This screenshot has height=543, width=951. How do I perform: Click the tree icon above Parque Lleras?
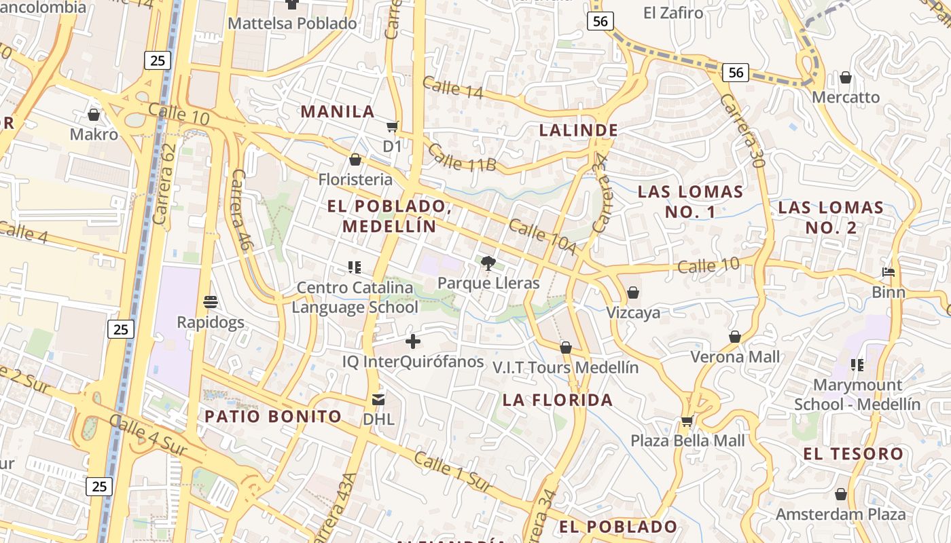488,263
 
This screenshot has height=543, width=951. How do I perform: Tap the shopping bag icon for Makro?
94,115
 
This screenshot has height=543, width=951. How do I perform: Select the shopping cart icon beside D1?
392,126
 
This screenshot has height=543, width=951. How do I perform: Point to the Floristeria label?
355,179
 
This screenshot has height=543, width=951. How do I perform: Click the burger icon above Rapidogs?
210,301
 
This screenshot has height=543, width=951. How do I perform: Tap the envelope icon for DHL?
378,400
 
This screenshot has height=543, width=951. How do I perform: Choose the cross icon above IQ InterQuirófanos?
412,341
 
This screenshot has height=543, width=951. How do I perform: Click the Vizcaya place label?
633,313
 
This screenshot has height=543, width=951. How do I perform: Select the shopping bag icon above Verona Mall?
735,337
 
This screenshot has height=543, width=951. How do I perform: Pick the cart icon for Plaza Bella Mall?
687,422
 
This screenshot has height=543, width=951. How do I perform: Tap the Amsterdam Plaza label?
841,514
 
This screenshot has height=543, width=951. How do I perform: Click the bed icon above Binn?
889,273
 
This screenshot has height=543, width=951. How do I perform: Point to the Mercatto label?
846,97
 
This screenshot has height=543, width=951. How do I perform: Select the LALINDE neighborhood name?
578,130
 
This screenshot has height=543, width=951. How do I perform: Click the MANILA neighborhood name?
338,111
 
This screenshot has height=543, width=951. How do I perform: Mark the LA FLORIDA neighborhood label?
558,400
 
